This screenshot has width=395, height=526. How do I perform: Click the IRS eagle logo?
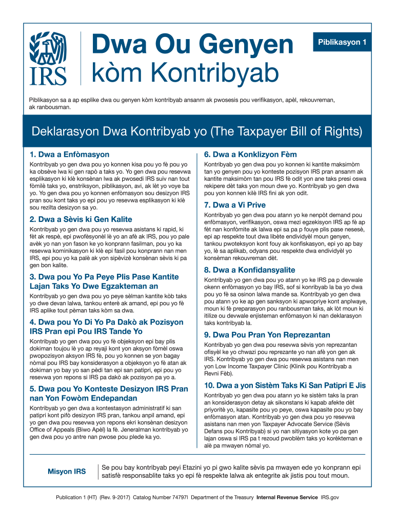48,58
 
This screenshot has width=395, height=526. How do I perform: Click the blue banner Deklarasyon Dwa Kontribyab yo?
197,131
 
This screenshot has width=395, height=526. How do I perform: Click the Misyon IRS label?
67,472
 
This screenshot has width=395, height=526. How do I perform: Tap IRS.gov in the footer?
330,498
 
